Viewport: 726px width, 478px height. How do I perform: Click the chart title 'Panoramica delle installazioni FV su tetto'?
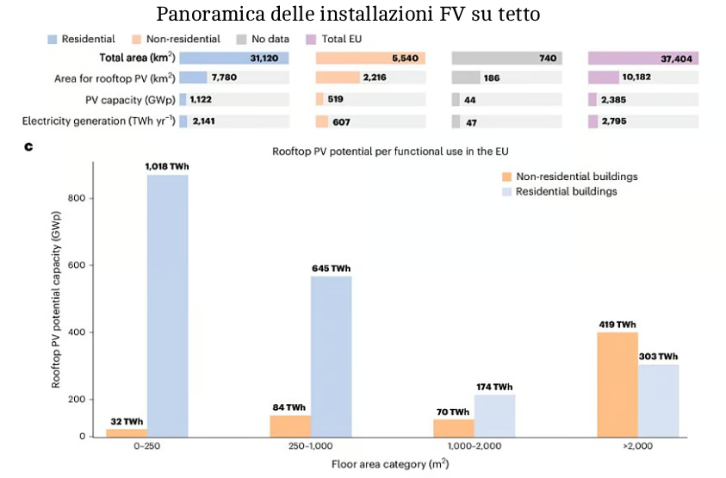pos(359,15)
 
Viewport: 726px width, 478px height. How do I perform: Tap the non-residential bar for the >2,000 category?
pos(617,384)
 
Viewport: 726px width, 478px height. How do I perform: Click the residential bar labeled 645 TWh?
pos(331,356)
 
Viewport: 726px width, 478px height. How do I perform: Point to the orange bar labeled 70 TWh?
pos(453,427)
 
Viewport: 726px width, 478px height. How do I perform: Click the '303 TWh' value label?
pos(658,356)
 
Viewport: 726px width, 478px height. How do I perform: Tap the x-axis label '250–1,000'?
pos(312,447)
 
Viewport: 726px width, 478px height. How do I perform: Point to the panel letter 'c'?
pos(28,147)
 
